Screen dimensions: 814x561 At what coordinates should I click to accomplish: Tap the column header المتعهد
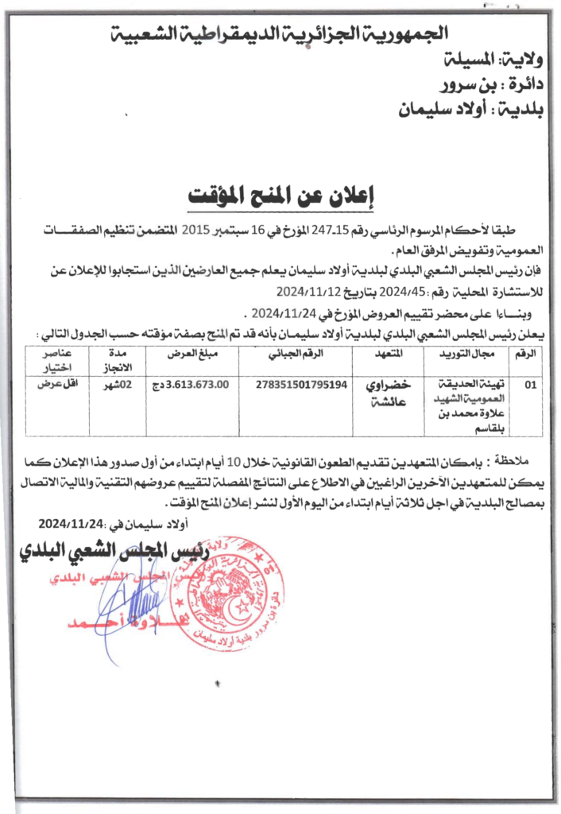[x=387, y=352]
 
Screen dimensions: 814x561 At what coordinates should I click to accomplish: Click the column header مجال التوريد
[x=468, y=352]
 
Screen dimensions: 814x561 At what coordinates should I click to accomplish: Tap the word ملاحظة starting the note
[x=498, y=462]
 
